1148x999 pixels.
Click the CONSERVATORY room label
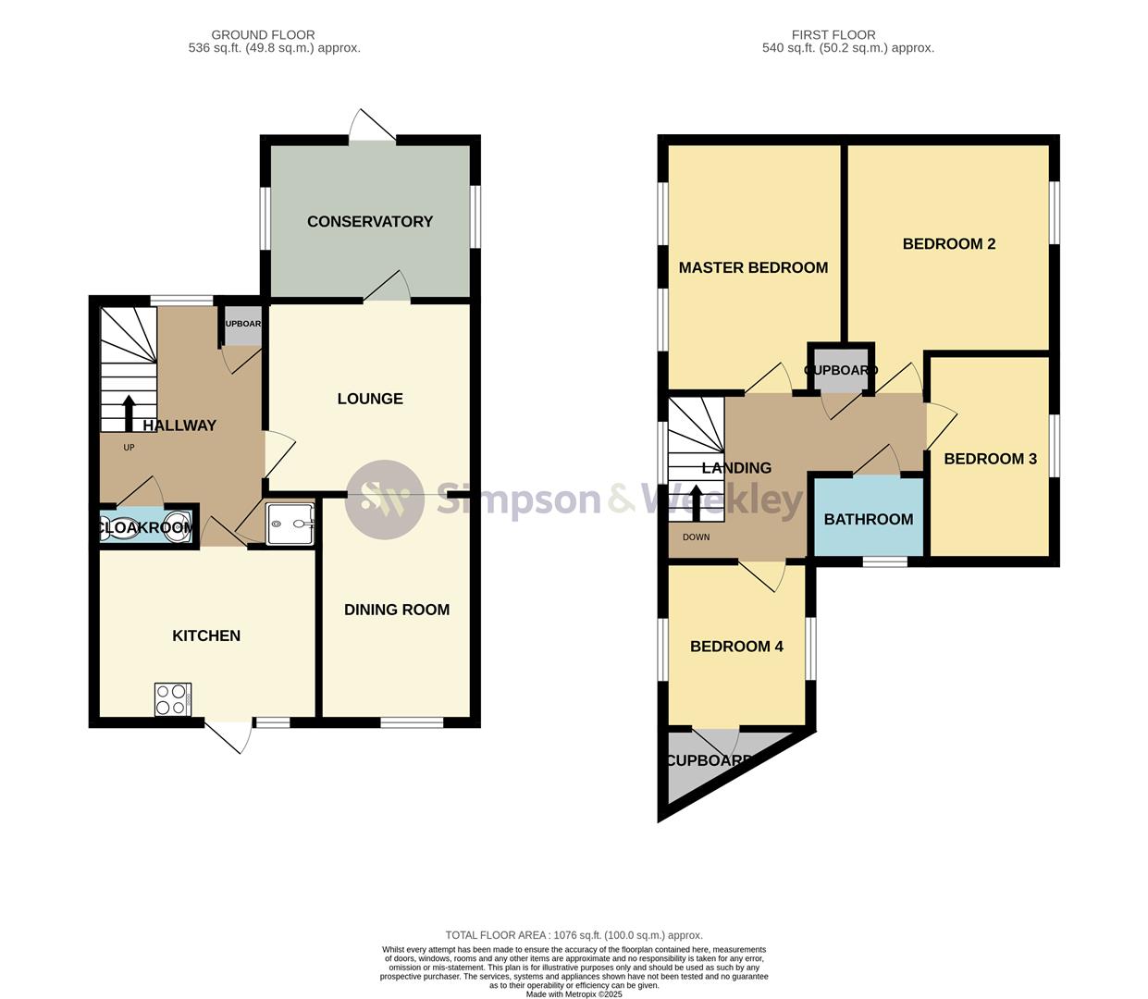370,221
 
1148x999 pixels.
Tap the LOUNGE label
370,399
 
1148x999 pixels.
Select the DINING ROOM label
397,610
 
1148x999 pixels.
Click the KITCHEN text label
206,635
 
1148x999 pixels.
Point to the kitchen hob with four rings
173,699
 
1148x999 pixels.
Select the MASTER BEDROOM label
753,267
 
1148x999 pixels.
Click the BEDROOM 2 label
948,244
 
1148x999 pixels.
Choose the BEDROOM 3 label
990,459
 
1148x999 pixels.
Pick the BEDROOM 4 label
736,647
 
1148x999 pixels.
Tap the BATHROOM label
868,520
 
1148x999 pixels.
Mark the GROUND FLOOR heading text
263,35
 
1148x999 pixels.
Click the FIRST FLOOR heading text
833,35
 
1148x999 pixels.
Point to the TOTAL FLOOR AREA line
574,935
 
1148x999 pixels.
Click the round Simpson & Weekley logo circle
385,499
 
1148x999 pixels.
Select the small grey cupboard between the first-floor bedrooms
840,370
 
